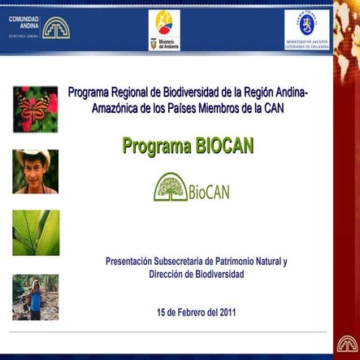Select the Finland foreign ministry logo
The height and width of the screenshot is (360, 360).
(x=306, y=30)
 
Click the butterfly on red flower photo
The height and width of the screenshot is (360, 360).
(x=35, y=109)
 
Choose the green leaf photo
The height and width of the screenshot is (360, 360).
(x=35, y=232)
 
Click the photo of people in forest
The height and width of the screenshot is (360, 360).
(x=35, y=297)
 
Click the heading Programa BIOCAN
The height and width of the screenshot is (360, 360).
(x=188, y=145)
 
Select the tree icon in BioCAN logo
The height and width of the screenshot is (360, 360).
(x=171, y=188)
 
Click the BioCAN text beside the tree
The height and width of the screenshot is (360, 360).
(x=209, y=193)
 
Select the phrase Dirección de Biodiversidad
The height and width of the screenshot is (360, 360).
(x=197, y=275)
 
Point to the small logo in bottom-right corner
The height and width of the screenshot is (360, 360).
(x=348, y=344)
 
